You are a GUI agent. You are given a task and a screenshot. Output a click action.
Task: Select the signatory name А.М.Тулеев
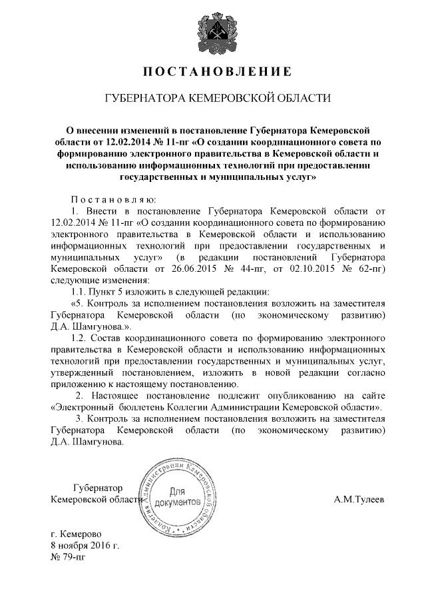pos(359,499)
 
